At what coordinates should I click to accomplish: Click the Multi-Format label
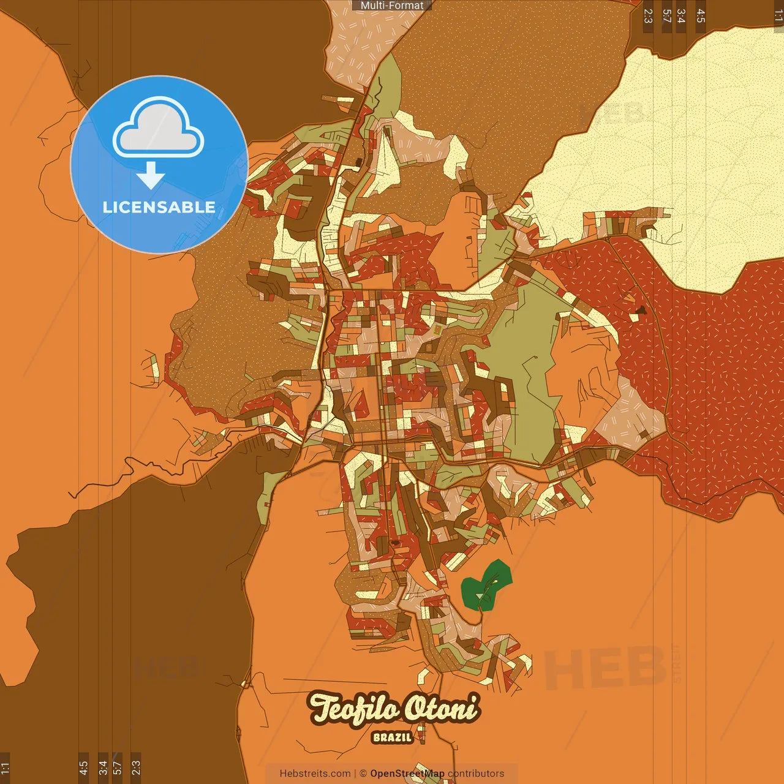[x=392, y=6]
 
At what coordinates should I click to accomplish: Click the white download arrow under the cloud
[x=151, y=175]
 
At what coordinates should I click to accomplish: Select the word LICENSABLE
[x=159, y=208]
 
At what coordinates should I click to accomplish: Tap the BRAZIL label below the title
[x=392, y=737]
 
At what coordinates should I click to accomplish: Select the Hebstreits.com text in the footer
[x=315, y=774]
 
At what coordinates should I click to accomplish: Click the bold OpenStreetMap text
[x=407, y=774]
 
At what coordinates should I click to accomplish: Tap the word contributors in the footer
[x=476, y=774]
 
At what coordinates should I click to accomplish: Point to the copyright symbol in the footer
[x=363, y=774]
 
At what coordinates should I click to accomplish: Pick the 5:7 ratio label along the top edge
[x=667, y=16]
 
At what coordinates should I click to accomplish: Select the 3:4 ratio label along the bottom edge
[x=103, y=767]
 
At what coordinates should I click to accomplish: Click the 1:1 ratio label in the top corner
[x=778, y=16]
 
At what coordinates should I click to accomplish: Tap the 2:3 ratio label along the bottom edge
[x=136, y=767]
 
